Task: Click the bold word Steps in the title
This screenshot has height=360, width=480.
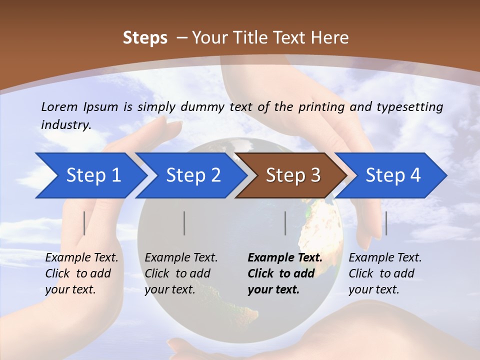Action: click(x=145, y=38)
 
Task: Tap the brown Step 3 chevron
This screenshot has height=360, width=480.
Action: click(x=293, y=175)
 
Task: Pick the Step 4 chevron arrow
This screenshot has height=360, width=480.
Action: click(x=393, y=175)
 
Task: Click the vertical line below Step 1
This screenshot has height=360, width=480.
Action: click(x=84, y=223)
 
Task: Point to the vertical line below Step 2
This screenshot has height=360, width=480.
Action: click(x=184, y=223)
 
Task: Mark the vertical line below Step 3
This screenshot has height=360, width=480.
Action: click(x=285, y=223)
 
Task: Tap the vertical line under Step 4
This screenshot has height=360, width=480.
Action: click(x=386, y=223)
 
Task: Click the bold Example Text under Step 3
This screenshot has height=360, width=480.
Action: click(x=285, y=258)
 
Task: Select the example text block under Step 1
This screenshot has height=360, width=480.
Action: click(x=81, y=273)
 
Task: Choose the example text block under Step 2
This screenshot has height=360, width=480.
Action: click(x=181, y=273)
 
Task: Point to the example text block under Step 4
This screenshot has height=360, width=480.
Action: click(x=385, y=273)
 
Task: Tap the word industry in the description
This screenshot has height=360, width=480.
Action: click(x=66, y=125)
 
